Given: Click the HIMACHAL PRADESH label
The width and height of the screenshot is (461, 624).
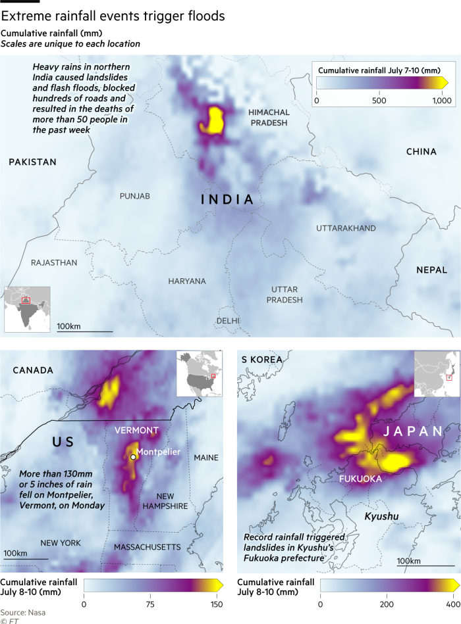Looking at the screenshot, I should tap(269, 118).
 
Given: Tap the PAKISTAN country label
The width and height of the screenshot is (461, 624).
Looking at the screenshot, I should tap(32, 162).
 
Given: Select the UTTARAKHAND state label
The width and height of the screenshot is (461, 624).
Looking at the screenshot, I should tap(346, 228).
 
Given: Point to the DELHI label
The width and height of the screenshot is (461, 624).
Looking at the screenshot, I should tap(228, 321).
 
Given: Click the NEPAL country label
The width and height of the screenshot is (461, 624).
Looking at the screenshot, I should tap(431, 270).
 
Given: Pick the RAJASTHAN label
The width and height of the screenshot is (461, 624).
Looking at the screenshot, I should tap(54, 262).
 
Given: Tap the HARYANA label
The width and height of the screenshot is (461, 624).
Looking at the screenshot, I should tap(186, 281).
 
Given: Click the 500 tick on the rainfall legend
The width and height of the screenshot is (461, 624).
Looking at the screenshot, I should tap(379, 101).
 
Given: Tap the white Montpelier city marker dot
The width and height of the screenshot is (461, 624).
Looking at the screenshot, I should tap(133, 456).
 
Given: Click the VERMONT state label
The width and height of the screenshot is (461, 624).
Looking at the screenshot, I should tap(136, 431).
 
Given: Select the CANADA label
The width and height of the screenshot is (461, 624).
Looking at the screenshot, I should tap(33, 370).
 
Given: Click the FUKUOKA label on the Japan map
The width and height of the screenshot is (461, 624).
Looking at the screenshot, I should tap(360, 479).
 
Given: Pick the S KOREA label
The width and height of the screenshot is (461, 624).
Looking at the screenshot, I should tap(261, 360).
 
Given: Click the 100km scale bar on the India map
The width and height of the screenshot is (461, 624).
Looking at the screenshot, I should tap(84, 331).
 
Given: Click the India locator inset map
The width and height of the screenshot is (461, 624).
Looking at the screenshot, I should tap(28, 308).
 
